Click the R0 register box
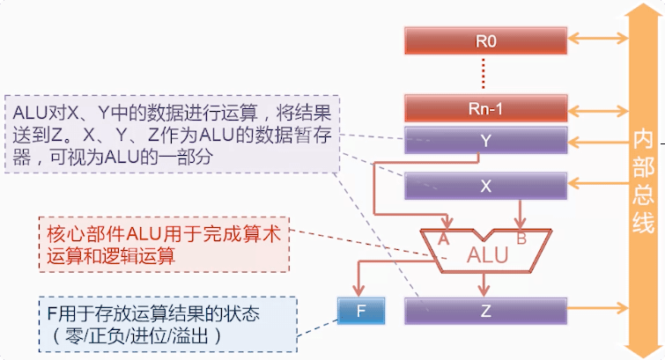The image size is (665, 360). [x=486, y=40]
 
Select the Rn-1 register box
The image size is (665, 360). [x=486, y=109]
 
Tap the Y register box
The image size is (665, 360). [x=486, y=139]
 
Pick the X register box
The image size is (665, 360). [x=486, y=185]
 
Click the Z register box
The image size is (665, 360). [x=486, y=310]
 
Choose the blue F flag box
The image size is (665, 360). [x=359, y=310]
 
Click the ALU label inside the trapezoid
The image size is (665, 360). [x=487, y=256]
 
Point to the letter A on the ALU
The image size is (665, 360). [x=443, y=239]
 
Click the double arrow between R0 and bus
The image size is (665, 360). [x=598, y=39]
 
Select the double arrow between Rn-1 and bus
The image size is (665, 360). [x=598, y=109]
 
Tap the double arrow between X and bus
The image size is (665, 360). [x=598, y=184]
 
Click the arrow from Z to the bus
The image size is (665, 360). [x=598, y=309]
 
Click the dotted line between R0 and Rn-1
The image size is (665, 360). [x=486, y=74]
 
